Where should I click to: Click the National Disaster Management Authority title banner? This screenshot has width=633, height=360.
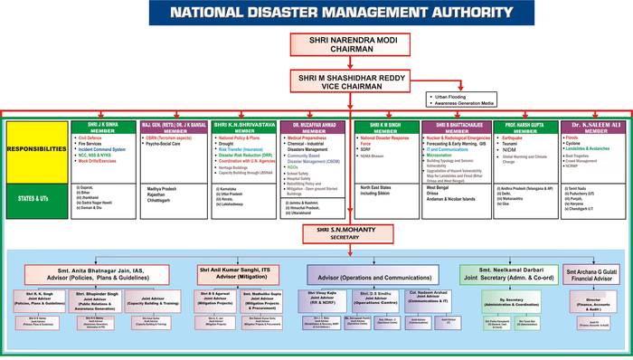pyautogui.click(x=316, y=13)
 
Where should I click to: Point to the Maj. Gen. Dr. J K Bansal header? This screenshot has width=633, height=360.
pyautogui.click(x=172, y=126)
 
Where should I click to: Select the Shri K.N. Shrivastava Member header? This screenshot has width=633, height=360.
pyautogui.click(x=242, y=126)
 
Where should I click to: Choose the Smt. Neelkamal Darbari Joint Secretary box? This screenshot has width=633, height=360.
pyautogui.click(x=508, y=249)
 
